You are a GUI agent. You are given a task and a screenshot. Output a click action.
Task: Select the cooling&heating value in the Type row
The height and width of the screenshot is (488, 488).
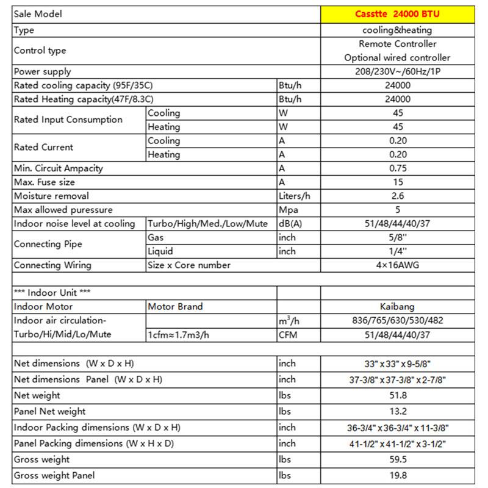pyautogui.click(x=397, y=30)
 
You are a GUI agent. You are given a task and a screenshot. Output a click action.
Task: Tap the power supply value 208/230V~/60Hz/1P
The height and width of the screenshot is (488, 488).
pyautogui.click(x=397, y=72)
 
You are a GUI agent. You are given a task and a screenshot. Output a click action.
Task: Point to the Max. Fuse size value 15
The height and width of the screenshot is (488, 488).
pyautogui.click(x=397, y=182)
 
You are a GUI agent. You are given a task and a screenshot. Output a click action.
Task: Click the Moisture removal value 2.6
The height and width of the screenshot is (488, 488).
pyautogui.click(x=397, y=196)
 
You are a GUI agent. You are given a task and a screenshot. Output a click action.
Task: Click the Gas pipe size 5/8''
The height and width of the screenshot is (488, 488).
pyautogui.click(x=397, y=237)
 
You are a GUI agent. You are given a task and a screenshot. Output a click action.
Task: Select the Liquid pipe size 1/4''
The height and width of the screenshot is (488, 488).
pyautogui.click(x=397, y=251)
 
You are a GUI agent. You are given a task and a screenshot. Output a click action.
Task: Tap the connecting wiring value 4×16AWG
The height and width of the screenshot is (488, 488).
pyautogui.click(x=397, y=265)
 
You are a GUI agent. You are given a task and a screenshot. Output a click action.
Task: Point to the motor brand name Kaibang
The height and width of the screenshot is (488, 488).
pyautogui.click(x=397, y=307)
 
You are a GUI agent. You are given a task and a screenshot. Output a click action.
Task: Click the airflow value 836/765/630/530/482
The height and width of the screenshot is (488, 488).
pyautogui.click(x=397, y=321)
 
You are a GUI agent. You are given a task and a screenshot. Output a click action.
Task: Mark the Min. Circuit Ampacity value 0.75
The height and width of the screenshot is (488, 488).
pyautogui.click(x=397, y=168)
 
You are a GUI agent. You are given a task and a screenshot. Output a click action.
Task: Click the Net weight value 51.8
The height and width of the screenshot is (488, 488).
pyautogui.click(x=397, y=396)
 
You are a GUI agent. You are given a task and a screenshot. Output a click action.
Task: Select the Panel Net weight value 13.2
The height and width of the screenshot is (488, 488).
pyautogui.click(x=397, y=412)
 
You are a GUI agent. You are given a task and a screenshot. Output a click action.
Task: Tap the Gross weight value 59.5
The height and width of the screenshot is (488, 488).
pyautogui.click(x=397, y=459)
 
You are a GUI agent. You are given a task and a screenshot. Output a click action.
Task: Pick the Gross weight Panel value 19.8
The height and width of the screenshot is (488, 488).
pyautogui.click(x=397, y=475)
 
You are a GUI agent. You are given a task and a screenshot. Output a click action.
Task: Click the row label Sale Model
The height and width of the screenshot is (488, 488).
pyautogui.click(x=38, y=14)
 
